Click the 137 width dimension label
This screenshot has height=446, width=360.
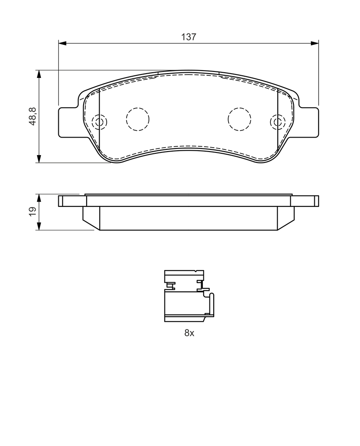[189, 37]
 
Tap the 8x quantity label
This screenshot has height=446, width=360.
[189, 333]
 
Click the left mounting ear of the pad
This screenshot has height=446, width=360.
[67, 122]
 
